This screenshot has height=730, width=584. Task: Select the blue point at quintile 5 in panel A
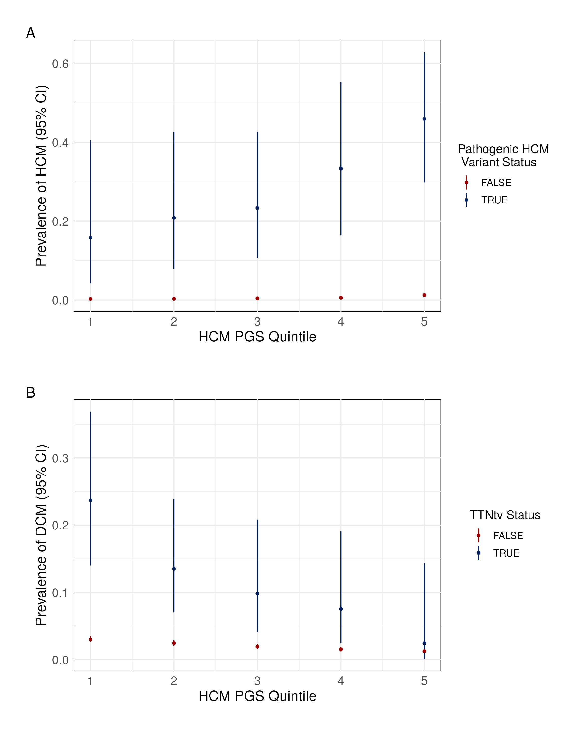[424, 119]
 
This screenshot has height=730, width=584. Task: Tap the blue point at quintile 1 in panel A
[90, 238]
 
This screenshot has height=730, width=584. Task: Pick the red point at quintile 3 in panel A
[257, 298]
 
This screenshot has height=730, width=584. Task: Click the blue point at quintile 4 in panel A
[341, 169]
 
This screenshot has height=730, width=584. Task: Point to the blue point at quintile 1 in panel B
[90, 500]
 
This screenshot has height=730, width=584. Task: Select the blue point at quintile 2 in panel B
[174, 569]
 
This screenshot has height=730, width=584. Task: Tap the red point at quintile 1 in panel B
[90, 639]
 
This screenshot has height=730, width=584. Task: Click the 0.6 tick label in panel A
[60, 64]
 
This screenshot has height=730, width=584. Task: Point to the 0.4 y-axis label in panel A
[60, 143]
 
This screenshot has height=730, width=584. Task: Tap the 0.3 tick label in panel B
[60, 458]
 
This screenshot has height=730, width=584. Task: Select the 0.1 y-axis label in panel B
[60, 593]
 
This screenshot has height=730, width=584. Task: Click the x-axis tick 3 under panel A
[257, 322]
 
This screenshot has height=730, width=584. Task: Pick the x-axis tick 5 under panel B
[424, 681]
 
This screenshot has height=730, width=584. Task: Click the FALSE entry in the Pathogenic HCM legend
[496, 182]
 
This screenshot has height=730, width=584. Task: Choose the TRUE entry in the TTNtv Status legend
[506, 553]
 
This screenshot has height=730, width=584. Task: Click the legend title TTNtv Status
[505, 515]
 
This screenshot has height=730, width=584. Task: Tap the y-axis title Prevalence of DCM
[41, 535]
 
